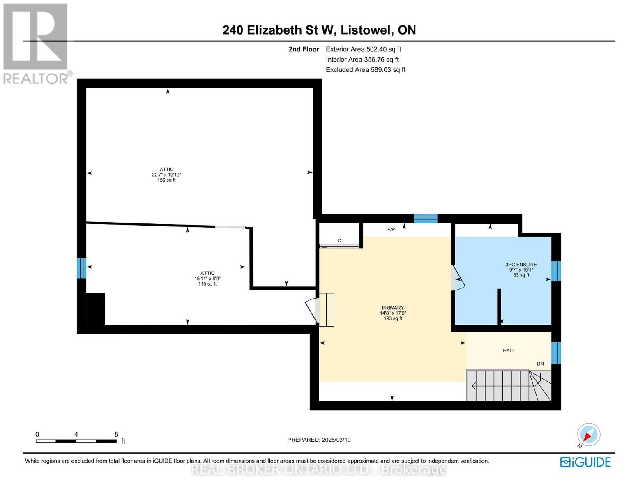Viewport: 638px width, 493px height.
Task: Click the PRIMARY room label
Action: pos(393,308)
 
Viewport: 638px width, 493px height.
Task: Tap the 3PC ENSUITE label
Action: pos(521,265)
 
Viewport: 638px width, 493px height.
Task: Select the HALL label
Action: pos(509,350)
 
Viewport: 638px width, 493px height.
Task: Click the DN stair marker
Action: pos(540,364)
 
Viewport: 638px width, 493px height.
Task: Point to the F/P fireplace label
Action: pos(391,229)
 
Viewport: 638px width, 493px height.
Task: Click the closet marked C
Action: pos(339,240)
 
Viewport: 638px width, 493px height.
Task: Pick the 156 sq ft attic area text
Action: pos(166,180)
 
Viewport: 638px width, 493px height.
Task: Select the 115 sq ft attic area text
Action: pos(207,284)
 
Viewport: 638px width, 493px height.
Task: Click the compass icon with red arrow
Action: pos(589,435)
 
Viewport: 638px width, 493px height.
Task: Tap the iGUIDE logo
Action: pos(585,462)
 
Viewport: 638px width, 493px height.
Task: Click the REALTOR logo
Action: pos(36,44)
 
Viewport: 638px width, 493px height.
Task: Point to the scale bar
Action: pos(76,441)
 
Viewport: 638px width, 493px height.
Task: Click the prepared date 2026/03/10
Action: pos(319,440)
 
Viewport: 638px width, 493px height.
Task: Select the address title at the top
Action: pos(319,30)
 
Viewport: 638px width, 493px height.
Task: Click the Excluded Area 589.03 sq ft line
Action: pos(366,70)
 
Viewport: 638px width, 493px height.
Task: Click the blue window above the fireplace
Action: pos(425,219)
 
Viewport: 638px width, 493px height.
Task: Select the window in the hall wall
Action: pos(556,352)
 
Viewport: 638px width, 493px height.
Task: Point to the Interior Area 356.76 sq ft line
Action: pos(362,60)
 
